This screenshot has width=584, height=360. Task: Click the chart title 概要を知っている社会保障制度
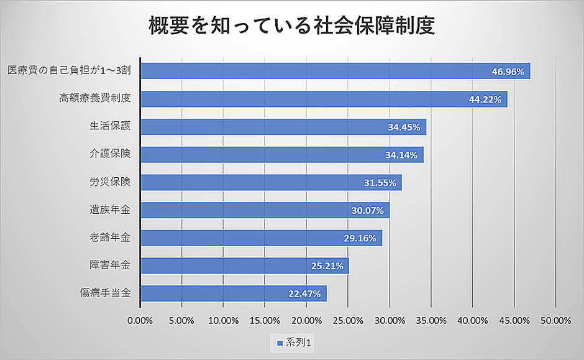pyautogui.click(x=291, y=26)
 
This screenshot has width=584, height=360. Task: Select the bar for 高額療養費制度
pyautogui.click(x=323, y=99)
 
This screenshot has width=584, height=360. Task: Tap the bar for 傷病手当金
pyautogui.click(x=233, y=293)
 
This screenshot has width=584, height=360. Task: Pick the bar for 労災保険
pyautogui.click(x=270, y=182)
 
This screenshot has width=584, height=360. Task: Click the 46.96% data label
pyautogui.click(x=508, y=72)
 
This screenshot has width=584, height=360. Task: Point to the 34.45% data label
pyautogui.click(x=403, y=127)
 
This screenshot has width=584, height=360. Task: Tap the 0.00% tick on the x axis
pyautogui.click(x=140, y=321)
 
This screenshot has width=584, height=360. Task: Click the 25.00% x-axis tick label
pyautogui.click(x=348, y=321)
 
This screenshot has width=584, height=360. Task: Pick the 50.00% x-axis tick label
pyautogui.click(x=555, y=321)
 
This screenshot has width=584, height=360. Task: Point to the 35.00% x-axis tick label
pyautogui.click(x=431, y=321)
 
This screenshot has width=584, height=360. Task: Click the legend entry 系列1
pyautogui.click(x=297, y=343)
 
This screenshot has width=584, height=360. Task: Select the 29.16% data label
pyautogui.click(x=361, y=238)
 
